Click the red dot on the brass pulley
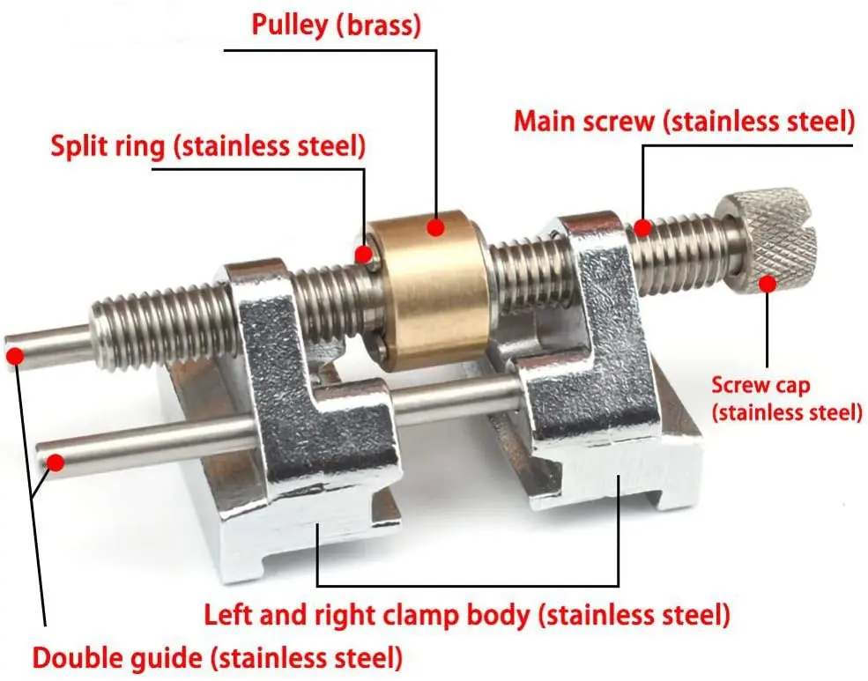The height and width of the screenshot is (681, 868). point(434,227)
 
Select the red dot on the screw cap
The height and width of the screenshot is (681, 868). point(767,284)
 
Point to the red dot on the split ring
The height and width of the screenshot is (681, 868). point(363,255)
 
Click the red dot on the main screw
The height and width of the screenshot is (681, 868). point(642,227)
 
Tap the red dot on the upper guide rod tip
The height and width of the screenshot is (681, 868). point(14,356)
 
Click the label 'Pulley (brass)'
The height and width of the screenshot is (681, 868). point(337,24)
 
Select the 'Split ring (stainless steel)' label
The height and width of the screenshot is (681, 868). point(207,146)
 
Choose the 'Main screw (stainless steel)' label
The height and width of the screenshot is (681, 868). point(684,121)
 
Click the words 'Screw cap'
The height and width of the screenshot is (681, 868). point(760,384)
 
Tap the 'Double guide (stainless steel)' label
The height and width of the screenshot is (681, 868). point(218,657)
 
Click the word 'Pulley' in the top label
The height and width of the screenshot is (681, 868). point(288,24)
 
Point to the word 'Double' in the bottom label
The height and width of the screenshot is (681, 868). point(78,657)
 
